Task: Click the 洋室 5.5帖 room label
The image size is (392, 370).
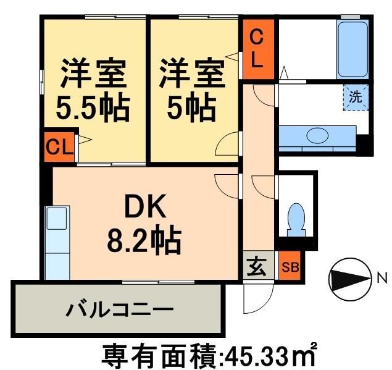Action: pyautogui.click(x=93, y=91)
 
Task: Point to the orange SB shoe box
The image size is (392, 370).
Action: pyautogui.click(x=290, y=267)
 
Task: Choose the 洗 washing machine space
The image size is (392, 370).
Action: pyautogui.click(x=356, y=97)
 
